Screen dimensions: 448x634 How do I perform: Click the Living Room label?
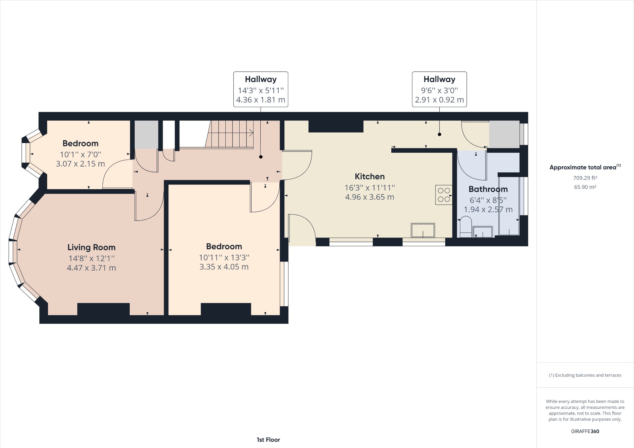tap(91, 247)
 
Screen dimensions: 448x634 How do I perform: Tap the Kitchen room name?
tap(370, 176)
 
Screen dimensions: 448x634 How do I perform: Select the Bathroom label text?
tap(488, 189)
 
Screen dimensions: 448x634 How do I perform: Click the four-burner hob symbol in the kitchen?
tap(444, 195)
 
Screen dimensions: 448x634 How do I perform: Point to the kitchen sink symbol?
tap(423, 230)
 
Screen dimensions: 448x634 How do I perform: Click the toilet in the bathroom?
tap(466, 227)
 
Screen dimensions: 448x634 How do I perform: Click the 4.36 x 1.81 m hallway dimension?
tap(260, 100)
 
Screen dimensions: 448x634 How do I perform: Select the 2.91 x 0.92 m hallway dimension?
tap(439, 100)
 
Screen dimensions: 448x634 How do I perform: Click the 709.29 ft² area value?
tap(585, 178)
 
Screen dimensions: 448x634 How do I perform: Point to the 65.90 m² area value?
tap(585, 187)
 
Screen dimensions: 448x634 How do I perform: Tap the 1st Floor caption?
tap(268, 440)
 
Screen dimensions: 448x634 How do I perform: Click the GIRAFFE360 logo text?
tap(585, 431)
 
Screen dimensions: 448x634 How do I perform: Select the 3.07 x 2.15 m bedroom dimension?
tap(80, 164)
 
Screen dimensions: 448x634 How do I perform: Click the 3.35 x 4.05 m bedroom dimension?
tap(224, 267)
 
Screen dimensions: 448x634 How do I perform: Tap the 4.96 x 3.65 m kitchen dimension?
tap(369, 197)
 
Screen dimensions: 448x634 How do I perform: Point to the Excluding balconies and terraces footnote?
tap(585, 375)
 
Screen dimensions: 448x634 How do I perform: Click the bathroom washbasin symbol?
tap(483, 232)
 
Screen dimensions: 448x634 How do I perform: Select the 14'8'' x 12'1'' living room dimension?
tap(91, 258)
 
